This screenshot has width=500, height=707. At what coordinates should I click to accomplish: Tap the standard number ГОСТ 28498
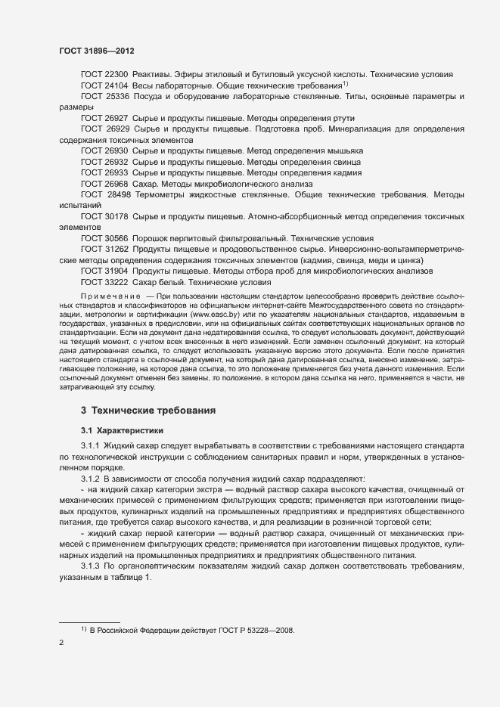(105, 194)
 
